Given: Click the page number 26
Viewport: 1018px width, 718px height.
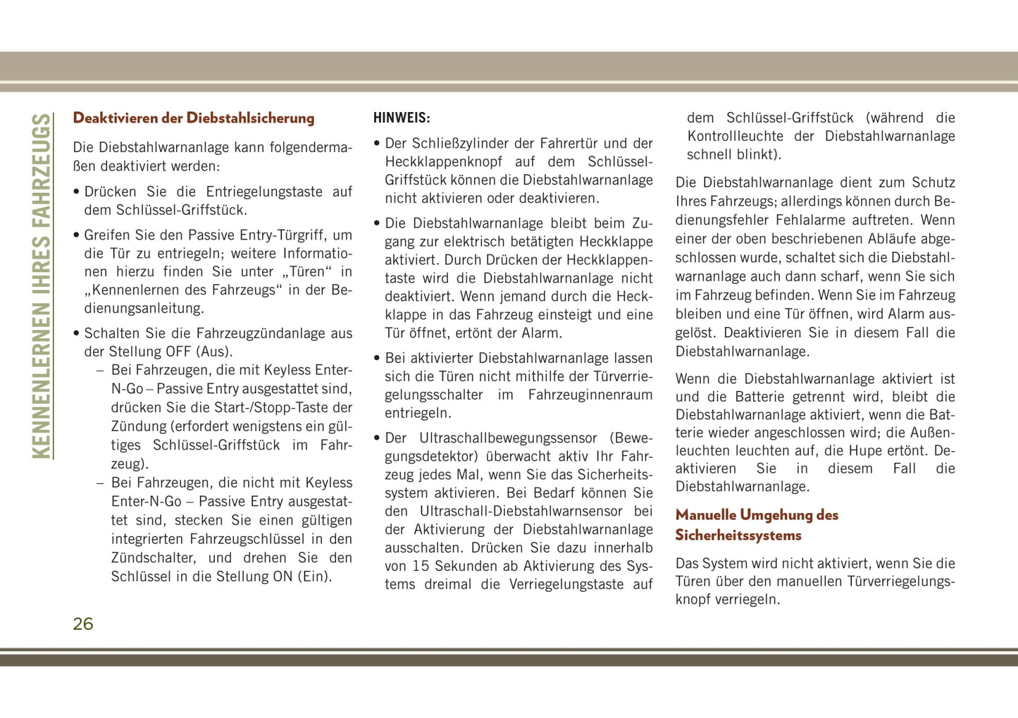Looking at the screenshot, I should [x=83, y=624].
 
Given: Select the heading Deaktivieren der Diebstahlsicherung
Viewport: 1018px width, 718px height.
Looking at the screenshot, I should [x=194, y=118].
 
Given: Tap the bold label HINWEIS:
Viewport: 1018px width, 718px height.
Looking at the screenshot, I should [x=402, y=118].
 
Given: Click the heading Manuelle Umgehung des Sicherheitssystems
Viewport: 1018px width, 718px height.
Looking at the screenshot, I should [x=757, y=525].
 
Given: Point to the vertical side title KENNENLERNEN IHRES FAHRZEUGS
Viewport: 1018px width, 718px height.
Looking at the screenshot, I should [x=42, y=286].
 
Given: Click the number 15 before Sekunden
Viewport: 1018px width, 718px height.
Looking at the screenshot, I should [x=421, y=566].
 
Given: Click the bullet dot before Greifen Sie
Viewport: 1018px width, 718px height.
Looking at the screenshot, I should [x=76, y=235].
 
